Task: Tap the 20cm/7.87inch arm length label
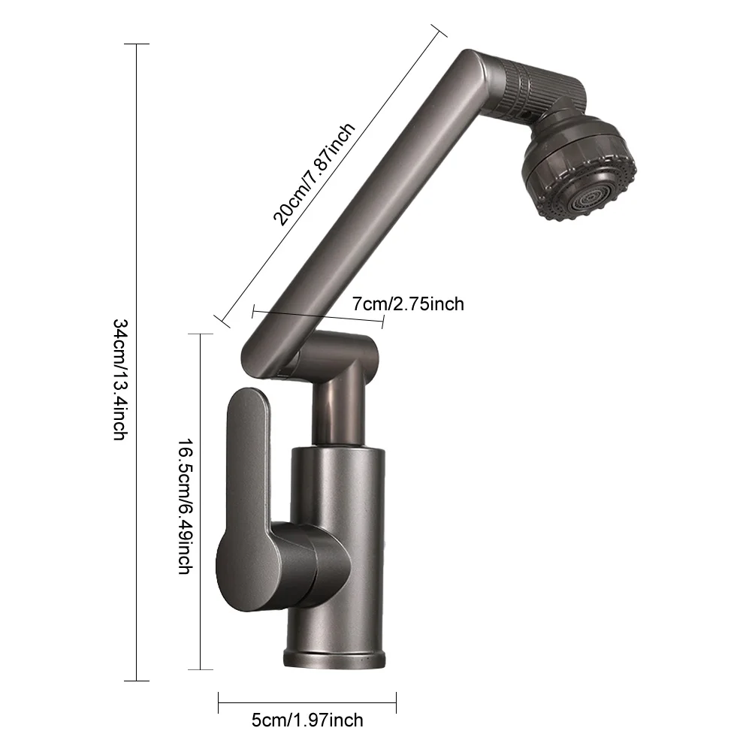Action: tap(314, 175)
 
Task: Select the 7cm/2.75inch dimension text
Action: tap(408, 304)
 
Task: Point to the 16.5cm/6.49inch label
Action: tap(183, 503)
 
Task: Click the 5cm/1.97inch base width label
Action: tap(307, 720)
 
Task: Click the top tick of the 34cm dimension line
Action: tap(136, 45)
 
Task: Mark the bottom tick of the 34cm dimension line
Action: tap(136, 681)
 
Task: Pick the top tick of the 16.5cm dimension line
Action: tap(200, 334)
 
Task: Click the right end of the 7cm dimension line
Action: tap(384, 321)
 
